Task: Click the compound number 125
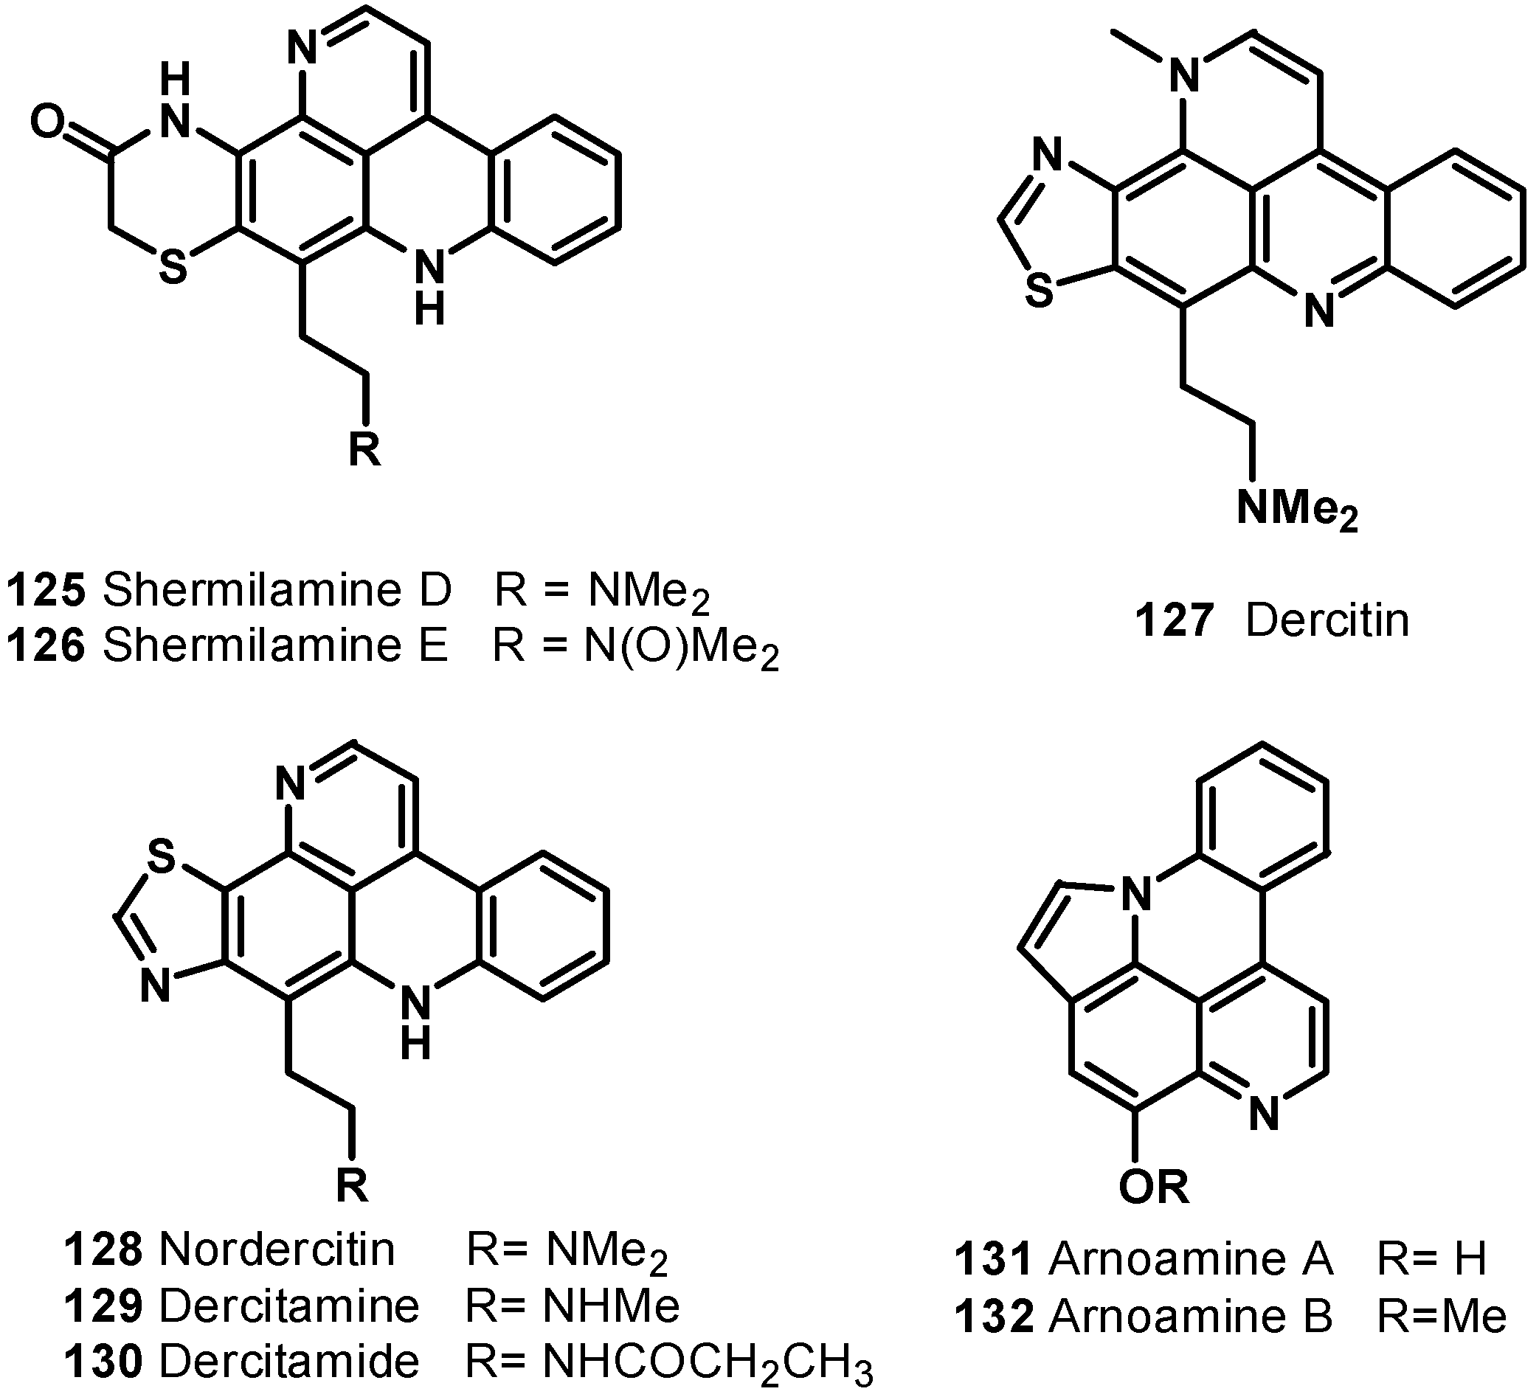(x=46, y=592)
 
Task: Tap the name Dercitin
(x=1327, y=620)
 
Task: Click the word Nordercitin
(x=278, y=1249)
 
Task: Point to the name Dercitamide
(x=290, y=1361)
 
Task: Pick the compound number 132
(x=995, y=1316)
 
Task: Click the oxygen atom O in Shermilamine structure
(x=47, y=122)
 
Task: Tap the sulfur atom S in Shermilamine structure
(x=173, y=268)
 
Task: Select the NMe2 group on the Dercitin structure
(x=1298, y=509)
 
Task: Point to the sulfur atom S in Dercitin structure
(x=1039, y=291)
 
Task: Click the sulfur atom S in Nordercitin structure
(x=162, y=857)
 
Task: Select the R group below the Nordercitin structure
(x=352, y=1185)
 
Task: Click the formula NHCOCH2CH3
(x=707, y=1362)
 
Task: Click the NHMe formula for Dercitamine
(x=612, y=1306)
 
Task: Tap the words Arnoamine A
(x=1191, y=1259)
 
